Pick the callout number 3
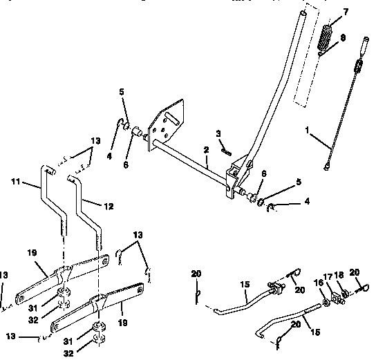pyautogui.click(x=218, y=133)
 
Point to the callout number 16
pyautogui.click(x=319, y=283)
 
